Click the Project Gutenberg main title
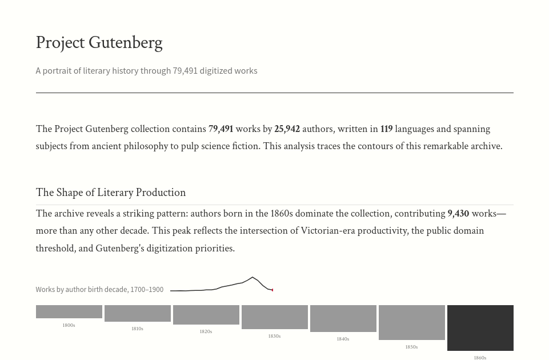pyautogui.click(x=99, y=43)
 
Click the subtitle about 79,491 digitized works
pyautogui.click(x=146, y=71)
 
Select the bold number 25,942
pyautogui.click(x=287, y=129)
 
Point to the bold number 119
pyautogui.click(x=386, y=129)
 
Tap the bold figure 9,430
pyautogui.click(x=458, y=214)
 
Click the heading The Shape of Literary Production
pyautogui.click(x=111, y=193)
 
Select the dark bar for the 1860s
pyautogui.click(x=480, y=327)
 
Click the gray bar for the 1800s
pyautogui.click(x=69, y=311)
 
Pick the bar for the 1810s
pyautogui.click(x=137, y=313)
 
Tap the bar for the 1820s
pyautogui.click(x=206, y=315)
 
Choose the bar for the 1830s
pyautogui.click(x=274, y=317)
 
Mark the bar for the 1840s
pyautogui.click(x=343, y=318)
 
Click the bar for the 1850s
pyautogui.click(x=411, y=322)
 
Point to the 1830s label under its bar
pyautogui.click(x=274, y=337)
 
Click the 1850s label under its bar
pyautogui.click(x=411, y=347)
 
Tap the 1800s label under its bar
pyautogui.click(x=69, y=326)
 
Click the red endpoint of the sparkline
pyautogui.click(x=273, y=290)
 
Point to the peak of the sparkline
pyautogui.click(x=252, y=278)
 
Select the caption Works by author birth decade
pyautogui.click(x=99, y=290)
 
